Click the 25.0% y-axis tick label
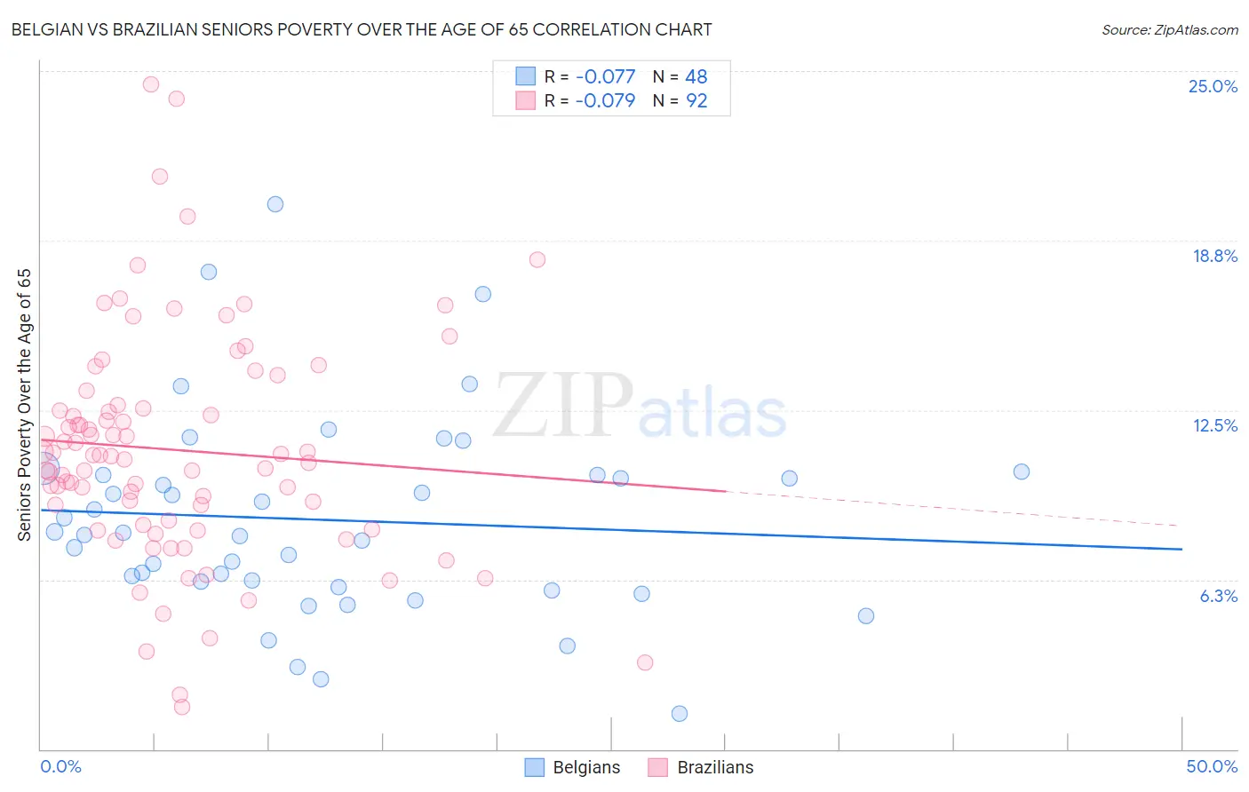click(1213, 86)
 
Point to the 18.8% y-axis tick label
click(1214, 256)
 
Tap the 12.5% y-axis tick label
click(1214, 425)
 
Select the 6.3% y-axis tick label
click(1218, 596)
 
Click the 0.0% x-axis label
click(60, 766)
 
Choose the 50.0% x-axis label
click(1212, 766)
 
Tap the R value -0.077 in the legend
click(605, 77)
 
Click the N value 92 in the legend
click(696, 101)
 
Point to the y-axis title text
click(25, 405)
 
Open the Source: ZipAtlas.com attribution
click(1169, 30)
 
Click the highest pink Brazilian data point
click(151, 84)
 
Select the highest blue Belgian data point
click(275, 204)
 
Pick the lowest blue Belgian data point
click(680, 714)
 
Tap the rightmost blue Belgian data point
click(1022, 471)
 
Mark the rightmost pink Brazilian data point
click(645, 662)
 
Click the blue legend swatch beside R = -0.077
click(526, 77)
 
